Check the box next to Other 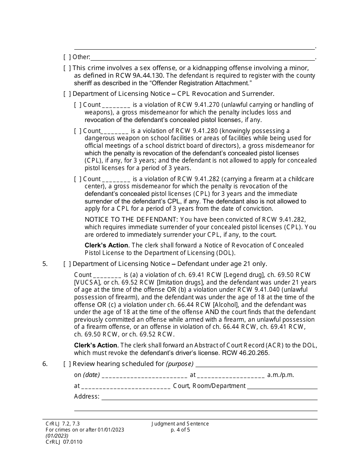[x=67, y=57]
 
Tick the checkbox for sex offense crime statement [x=67, y=68]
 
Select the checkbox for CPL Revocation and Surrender [x=67, y=94]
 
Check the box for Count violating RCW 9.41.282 [x=78, y=179]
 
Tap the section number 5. [x=45, y=264]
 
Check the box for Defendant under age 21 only [x=67, y=264]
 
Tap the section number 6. [x=45, y=364]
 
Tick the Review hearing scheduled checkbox [x=67, y=364]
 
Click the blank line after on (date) [x=144, y=375]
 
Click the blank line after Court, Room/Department [x=282, y=386]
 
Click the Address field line [x=209, y=397]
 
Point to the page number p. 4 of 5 [x=180, y=430]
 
